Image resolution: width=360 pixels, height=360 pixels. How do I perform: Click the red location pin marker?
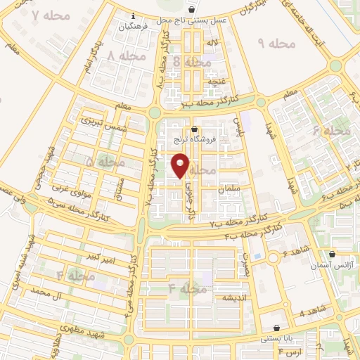[181, 165]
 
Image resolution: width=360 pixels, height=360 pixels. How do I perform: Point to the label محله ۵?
[104, 162]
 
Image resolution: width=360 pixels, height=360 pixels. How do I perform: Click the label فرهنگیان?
[134, 26]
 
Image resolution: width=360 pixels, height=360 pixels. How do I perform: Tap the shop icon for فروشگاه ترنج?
[195, 128]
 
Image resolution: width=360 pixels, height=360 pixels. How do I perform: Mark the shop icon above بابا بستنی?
[276, 327]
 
